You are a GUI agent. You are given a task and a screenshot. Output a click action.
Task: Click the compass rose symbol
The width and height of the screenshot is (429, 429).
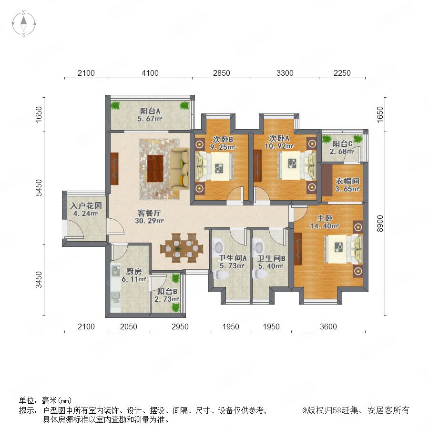(x=24, y=24)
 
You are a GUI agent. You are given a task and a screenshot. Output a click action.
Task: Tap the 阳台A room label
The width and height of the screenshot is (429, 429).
(x=150, y=111)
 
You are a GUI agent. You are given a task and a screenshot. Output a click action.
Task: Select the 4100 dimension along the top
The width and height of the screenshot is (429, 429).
(x=150, y=73)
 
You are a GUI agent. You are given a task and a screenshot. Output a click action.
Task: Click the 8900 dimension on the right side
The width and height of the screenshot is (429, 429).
(x=380, y=224)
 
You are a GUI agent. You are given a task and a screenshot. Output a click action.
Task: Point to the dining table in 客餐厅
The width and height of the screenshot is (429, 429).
(x=182, y=247)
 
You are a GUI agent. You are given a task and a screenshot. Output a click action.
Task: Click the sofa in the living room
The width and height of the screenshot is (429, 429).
(x=180, y=168)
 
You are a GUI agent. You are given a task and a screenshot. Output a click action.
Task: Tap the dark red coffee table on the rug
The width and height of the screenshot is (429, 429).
(x=155, y=169)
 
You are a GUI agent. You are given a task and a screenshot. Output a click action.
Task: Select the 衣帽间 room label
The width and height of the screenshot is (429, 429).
(x=347, y=181)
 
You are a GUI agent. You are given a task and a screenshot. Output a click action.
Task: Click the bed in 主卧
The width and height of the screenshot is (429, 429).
(x=343, y=248)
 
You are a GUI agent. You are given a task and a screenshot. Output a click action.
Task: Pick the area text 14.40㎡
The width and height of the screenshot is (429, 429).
(x=325, y=226)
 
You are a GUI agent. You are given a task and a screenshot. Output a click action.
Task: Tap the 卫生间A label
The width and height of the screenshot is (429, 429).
(x=233, y=258)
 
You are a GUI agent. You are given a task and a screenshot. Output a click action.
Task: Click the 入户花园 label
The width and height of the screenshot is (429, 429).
(x=86, y=205)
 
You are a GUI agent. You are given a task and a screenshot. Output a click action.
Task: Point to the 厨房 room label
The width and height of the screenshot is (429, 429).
(x=134, y=271)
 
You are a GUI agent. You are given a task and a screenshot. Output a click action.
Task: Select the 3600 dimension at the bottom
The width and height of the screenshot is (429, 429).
(x=328, y=327)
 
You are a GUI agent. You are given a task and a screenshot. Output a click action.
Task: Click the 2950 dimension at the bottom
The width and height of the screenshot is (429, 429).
(x=180, y=327)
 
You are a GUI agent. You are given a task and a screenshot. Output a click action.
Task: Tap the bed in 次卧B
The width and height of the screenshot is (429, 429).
(x=215, y=167)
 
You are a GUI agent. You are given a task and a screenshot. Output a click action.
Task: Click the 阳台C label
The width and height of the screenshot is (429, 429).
(x=342, y=143)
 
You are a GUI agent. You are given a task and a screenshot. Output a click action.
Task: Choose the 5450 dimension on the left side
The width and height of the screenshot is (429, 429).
(x=39, y=188)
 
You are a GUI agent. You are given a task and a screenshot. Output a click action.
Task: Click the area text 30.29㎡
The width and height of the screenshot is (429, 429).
(x=149, y=221)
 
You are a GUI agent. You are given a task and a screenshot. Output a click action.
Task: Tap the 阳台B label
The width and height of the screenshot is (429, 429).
(x=167, y=291)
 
